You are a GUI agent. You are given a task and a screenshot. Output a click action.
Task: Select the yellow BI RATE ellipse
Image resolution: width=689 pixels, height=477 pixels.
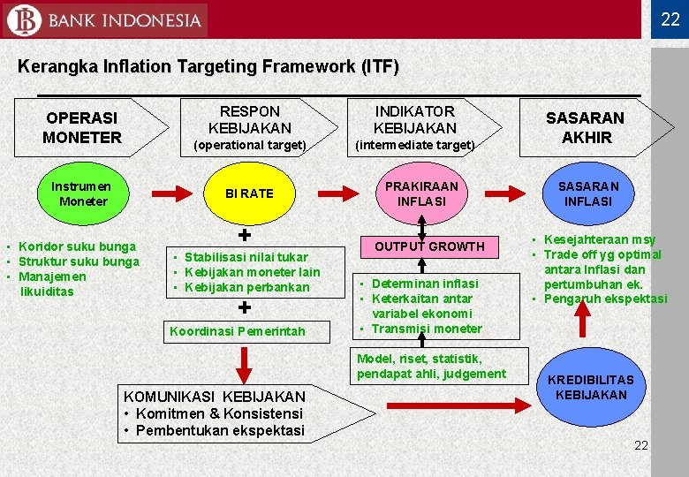pyautogui.click(x=249, y=193)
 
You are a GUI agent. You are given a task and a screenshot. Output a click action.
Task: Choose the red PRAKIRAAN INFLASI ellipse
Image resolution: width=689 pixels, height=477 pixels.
pyautogui.click(x=421, y=194)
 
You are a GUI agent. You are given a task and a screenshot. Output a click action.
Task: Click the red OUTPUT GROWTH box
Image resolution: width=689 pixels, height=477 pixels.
pyautogui.click(x=429, y=246)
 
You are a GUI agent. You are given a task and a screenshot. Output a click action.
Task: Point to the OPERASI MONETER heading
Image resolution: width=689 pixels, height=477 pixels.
pyautogui.click(x=82, y=128)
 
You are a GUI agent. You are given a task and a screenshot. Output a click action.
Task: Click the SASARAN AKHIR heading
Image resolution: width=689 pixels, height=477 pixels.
pyautogui.click(x=585, y=127)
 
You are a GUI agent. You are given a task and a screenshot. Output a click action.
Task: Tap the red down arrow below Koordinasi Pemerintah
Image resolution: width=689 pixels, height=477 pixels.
pyautogui.click(x=245, y=363)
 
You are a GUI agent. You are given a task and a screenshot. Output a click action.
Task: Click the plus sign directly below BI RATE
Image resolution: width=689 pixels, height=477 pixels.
pyautogui.click(x=245, y=236)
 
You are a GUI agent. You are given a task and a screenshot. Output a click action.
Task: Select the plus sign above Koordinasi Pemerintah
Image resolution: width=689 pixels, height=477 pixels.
pyautogui.click(x=245, y=308)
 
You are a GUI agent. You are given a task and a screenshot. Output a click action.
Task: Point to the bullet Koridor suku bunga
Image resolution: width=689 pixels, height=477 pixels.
pyautogui.click(x=77, y=246)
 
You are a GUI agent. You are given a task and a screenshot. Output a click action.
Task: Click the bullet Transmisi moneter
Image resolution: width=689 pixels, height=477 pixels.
pyautogui.click(x=427, y=329)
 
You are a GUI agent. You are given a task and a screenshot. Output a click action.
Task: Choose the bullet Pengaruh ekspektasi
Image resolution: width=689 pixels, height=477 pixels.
pyautogui.click(x=605, y=299)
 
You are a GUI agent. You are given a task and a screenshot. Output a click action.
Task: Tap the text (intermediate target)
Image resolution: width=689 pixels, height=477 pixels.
pyautogui.click(x=414, y=145)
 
